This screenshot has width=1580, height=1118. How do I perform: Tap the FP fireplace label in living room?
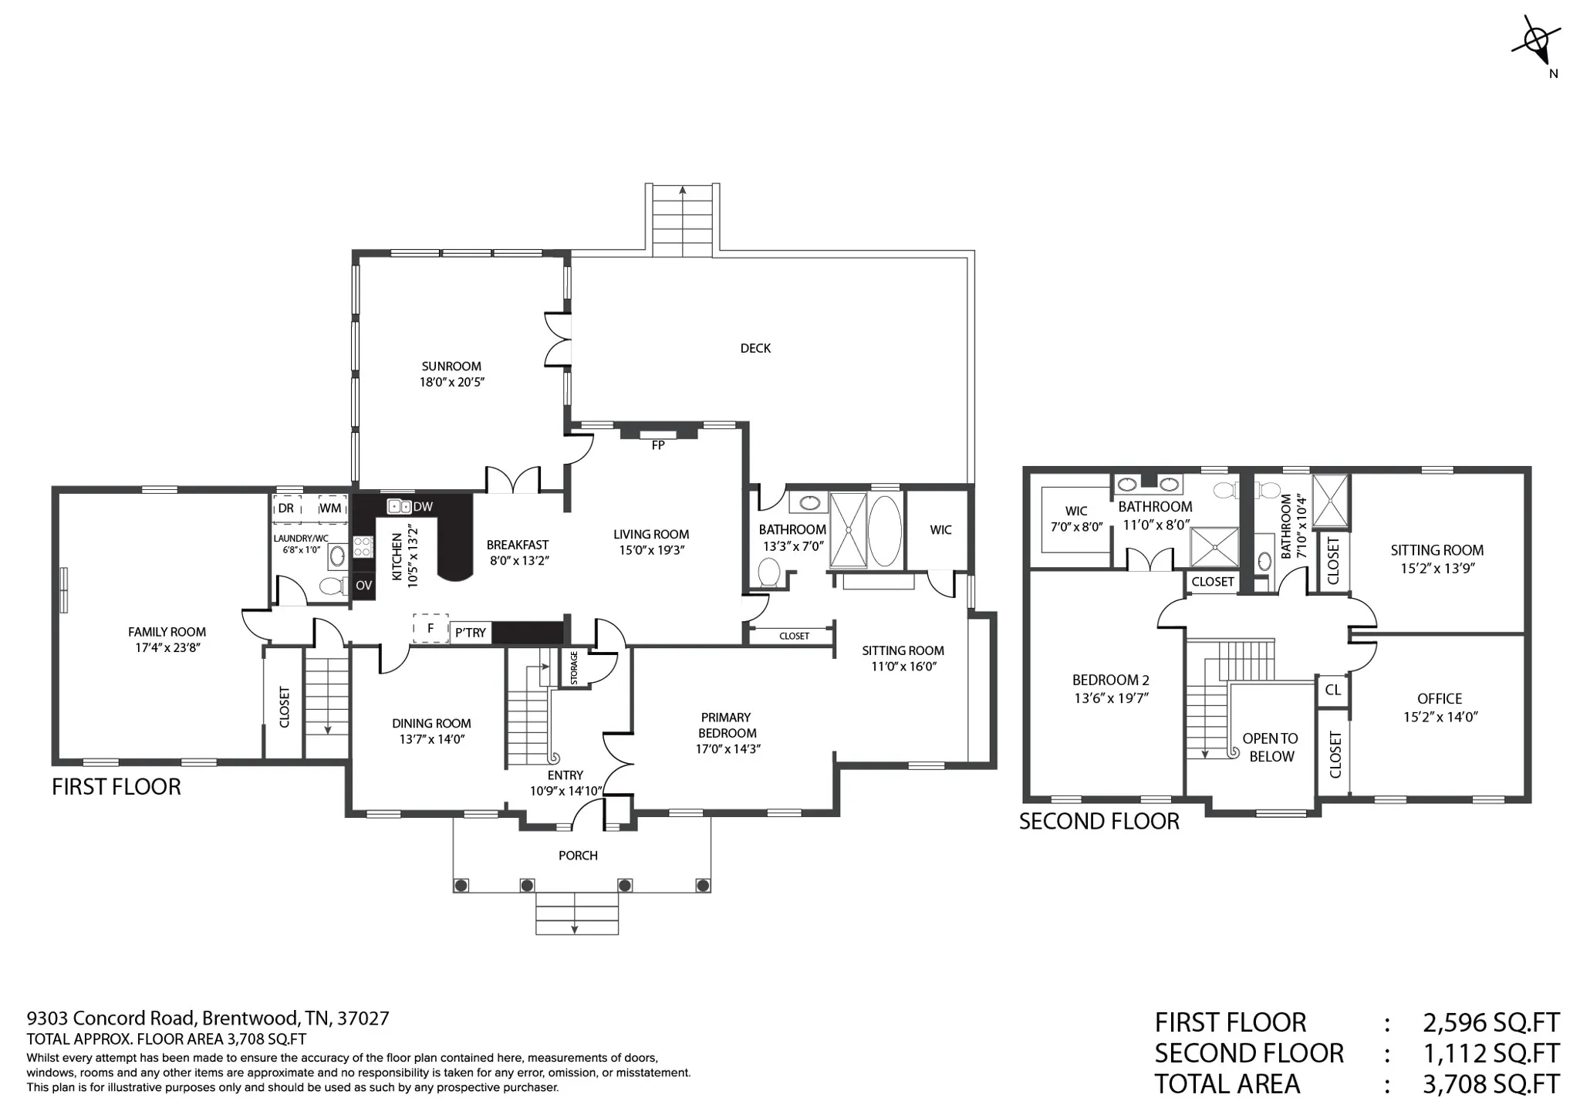658,445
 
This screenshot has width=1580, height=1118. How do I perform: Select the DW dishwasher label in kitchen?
423,507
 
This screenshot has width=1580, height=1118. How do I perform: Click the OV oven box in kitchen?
363,585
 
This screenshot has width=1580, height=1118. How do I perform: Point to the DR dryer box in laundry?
286,508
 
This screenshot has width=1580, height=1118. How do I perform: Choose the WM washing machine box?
331,508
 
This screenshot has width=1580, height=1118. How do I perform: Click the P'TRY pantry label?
471,633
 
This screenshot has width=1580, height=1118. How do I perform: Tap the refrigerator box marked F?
430,629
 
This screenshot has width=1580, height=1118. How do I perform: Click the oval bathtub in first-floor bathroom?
884,531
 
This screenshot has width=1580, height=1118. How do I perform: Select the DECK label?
755,348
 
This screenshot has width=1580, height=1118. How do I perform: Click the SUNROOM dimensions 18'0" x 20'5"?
452,382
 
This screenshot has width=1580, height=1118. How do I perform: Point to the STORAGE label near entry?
575,667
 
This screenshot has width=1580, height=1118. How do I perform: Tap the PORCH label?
578,855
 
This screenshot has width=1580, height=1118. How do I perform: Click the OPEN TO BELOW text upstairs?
1271,748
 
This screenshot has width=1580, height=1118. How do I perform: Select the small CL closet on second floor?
1332,690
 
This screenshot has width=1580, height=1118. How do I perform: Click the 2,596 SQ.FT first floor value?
1491,1022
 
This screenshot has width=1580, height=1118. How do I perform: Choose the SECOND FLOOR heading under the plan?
1099,821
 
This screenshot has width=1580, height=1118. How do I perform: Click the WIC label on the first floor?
940,530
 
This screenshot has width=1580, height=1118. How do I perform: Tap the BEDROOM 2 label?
1111,680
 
